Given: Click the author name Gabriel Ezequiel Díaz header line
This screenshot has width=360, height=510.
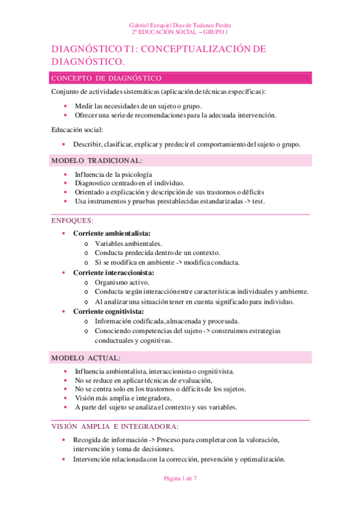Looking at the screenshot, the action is [x=180, y=24].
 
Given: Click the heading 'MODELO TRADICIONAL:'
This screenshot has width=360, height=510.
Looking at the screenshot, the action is [x=97, y=161].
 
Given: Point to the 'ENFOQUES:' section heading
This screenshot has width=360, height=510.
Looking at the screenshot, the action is [x=72, y=221].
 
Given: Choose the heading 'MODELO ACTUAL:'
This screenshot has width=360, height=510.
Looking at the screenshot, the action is [x=86, y=358].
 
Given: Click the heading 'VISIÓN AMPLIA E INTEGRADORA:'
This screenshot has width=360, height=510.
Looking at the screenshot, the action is [x=114, y=426].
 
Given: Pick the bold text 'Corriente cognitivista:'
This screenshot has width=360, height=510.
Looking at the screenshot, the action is [x=108, y=312].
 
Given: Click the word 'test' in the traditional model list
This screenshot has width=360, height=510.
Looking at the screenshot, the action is [x=257, y=201].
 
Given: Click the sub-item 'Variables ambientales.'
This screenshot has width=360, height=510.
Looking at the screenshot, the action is [x=128, y=243].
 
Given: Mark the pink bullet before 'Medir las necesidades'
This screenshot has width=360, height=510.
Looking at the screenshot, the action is [x=66, y=105].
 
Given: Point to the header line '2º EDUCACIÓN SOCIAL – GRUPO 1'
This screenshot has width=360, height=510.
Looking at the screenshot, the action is [x=180, y=31].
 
